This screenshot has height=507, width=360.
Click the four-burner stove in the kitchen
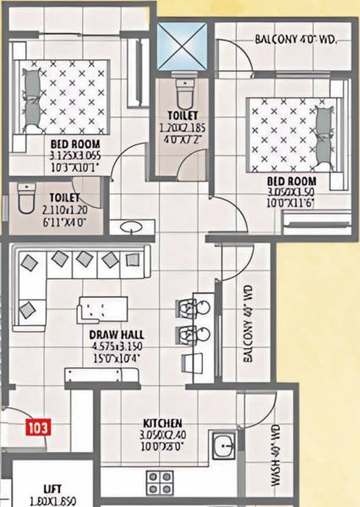coord(159,484)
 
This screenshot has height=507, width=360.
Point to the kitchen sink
coord(223,444)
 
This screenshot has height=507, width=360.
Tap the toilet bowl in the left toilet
coord(25,204)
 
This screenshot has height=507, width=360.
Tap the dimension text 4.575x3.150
coord(115,346)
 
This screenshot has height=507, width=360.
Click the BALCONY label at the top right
coord(295,39)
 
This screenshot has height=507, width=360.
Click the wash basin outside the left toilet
coord(131,226)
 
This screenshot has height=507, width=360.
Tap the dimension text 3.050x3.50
coord(292,192)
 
